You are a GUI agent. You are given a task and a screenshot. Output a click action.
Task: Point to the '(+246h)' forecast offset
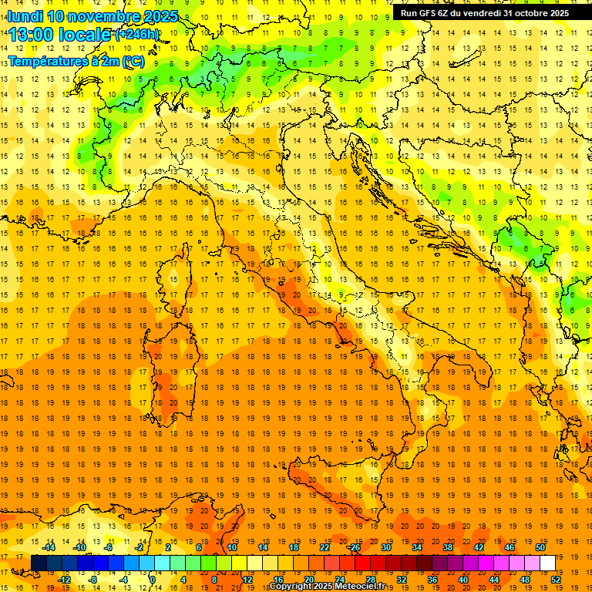click(137, 35)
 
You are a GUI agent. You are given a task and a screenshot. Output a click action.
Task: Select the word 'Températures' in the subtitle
click(48, 60)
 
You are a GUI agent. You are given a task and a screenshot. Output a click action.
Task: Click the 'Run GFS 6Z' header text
click(427, 13)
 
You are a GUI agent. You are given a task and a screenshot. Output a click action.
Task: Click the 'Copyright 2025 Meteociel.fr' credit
click(327, 587)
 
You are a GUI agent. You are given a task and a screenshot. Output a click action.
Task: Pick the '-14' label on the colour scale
click(49, 547)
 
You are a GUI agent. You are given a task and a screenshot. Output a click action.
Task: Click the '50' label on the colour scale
click(540, 547)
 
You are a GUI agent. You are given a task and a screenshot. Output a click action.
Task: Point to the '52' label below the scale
click(557, 580)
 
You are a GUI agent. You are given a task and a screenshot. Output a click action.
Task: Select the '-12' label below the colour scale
click(64, 580)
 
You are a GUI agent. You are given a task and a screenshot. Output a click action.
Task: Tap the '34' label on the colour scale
click(417, 547)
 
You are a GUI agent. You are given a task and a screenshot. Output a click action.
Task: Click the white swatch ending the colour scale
click(548, 563)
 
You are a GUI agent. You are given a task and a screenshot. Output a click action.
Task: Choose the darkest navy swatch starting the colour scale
click(39, 563)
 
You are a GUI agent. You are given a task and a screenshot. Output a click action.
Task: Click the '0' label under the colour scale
click(153, 580)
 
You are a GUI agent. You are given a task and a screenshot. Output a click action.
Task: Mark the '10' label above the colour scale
click(232, 547)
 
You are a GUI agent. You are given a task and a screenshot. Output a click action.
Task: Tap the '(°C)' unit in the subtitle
click(133, 60)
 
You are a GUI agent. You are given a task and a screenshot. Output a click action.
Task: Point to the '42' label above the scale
click(479, 547)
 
